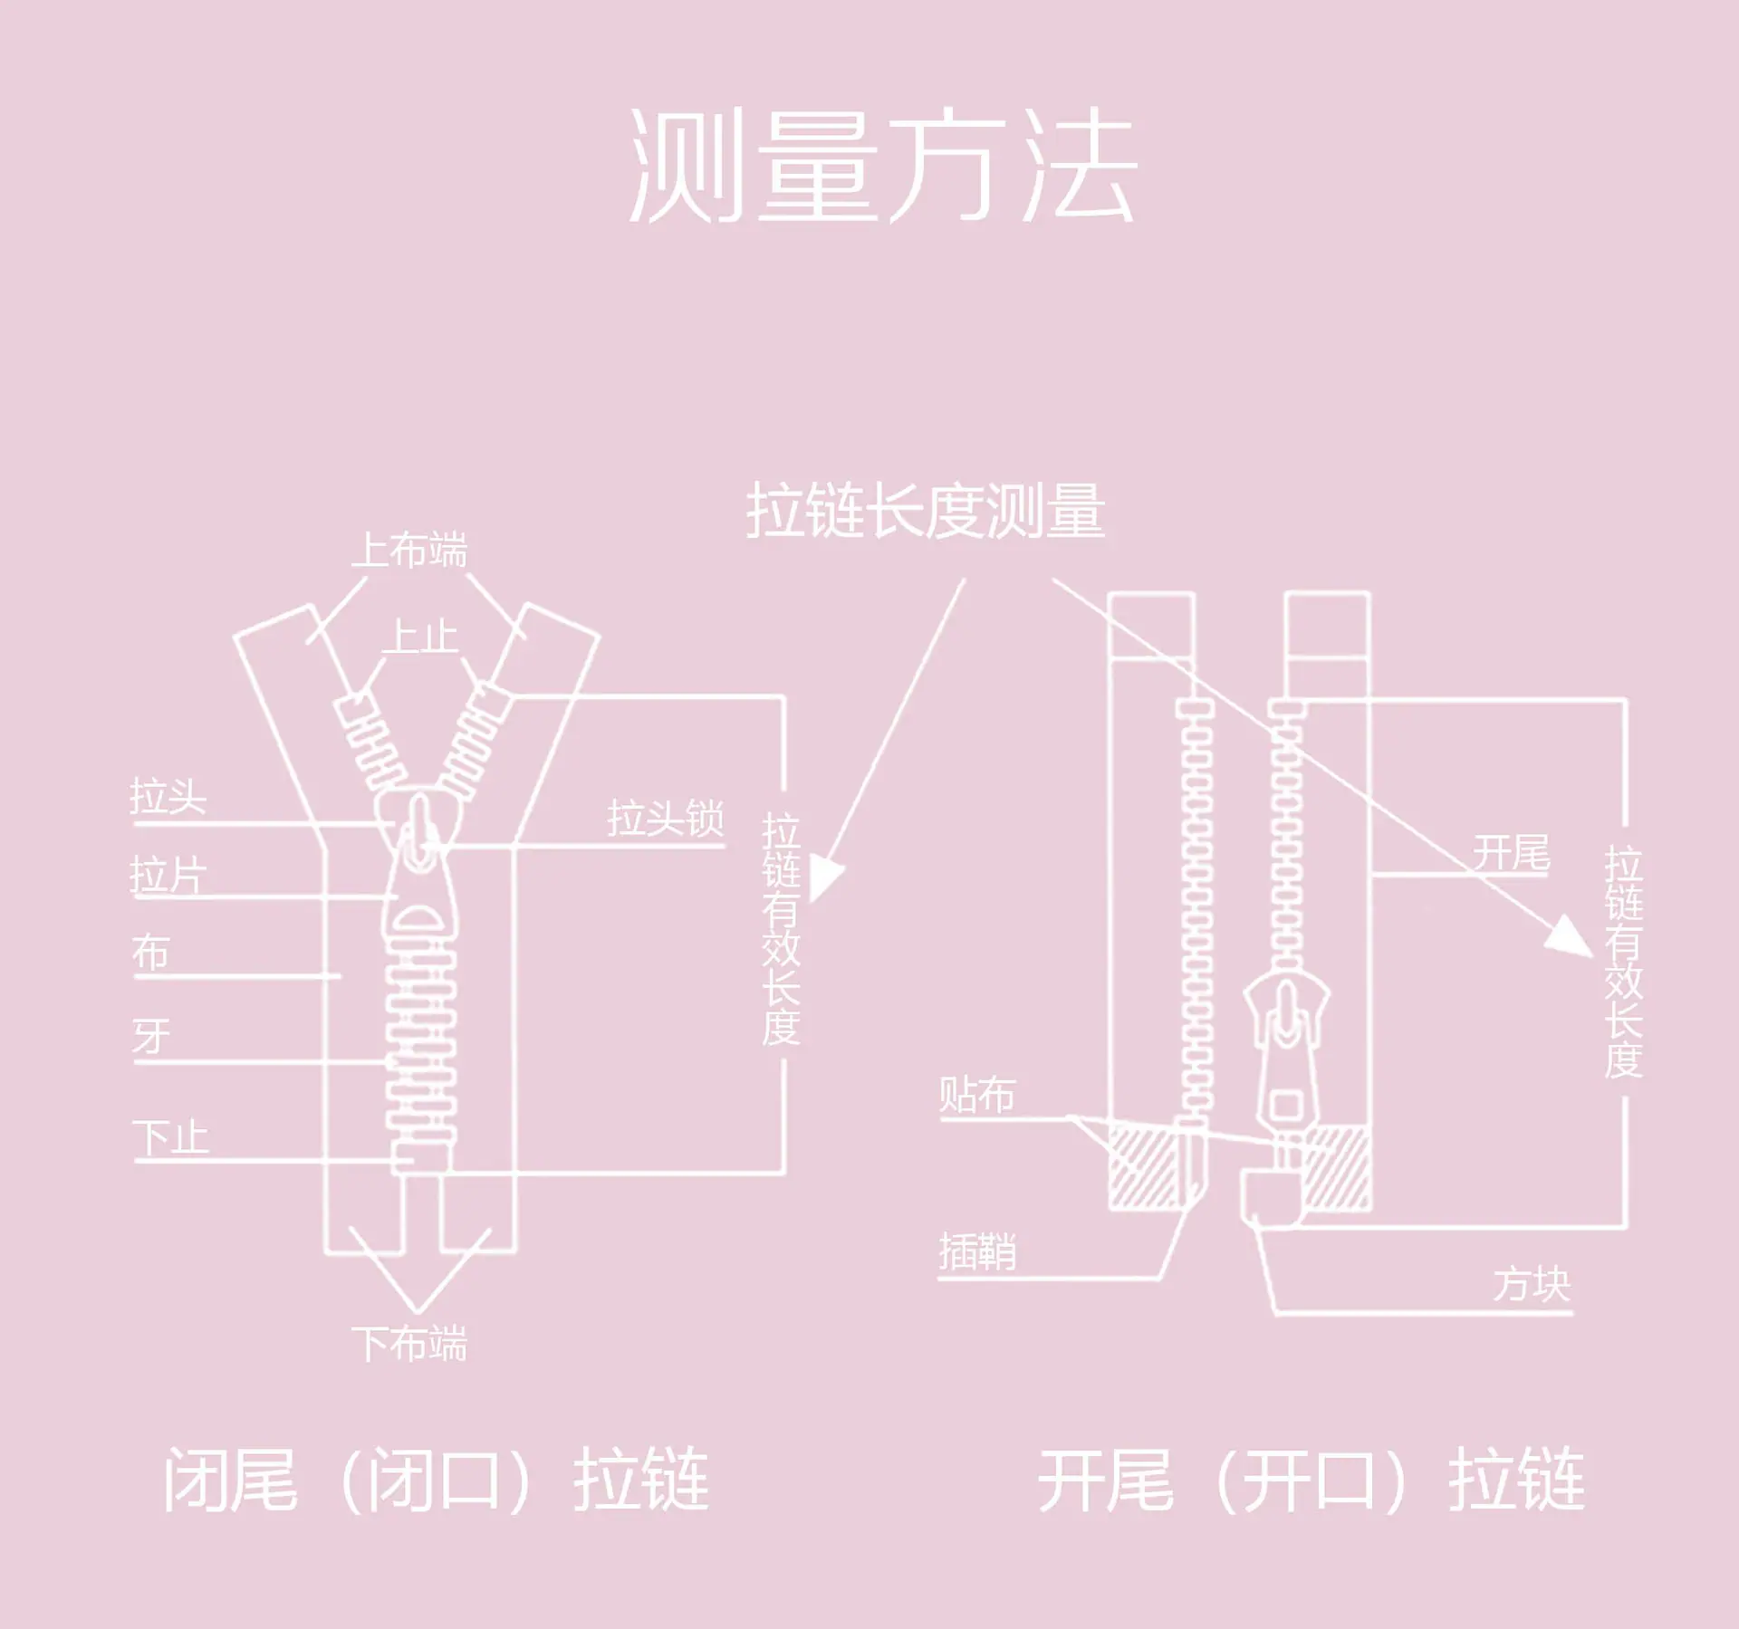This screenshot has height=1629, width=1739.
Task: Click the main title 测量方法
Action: coord(883,165)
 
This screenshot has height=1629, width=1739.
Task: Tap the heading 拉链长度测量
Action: coord(926,511)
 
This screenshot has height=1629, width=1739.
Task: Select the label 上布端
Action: coord(409,551)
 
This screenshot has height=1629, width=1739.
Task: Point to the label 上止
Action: coord(420,637)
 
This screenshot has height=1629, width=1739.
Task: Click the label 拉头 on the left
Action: coord(168,797)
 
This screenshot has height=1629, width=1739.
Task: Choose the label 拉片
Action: coord(168,876)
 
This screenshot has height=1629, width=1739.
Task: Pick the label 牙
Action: coord(151,1036)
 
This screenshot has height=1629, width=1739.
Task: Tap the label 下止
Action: coord(170,1137)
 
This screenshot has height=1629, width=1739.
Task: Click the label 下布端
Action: coord(409,1344)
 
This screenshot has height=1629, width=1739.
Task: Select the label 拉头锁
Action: coord(666,819)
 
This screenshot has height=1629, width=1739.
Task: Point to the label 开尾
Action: coord(1512,852)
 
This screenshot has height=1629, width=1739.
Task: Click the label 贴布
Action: coord(977,1095)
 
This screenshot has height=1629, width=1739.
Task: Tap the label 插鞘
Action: coord(977,1252)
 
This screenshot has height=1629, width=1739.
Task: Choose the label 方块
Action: coord(1532,1284)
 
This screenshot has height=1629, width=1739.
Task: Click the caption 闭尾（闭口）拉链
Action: coord(436,1480)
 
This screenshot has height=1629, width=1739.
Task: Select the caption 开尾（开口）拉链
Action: coord(1311,1480)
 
